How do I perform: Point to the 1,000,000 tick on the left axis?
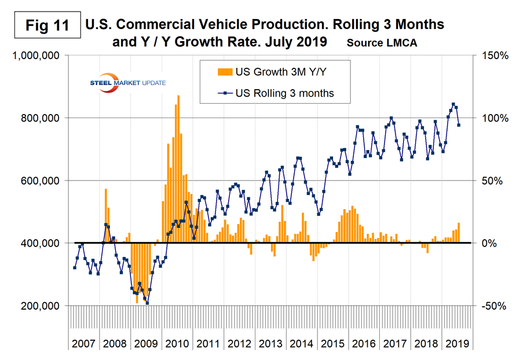[x=36, y=56]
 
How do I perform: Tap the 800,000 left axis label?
[x=41, y=118]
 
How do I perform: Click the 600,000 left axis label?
[x=41, y=181]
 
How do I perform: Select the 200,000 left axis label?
[x=41, y=306]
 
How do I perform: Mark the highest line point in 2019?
[x=453, y=105]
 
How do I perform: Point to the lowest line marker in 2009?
[x=147, y=303]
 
